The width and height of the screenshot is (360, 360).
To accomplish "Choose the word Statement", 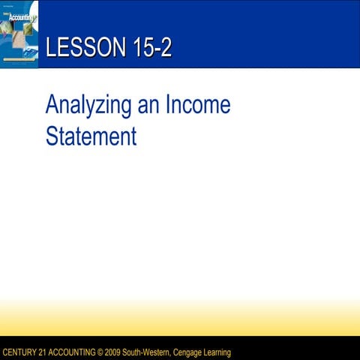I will point(91,137).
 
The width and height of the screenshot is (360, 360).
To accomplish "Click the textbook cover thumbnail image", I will point(19,34).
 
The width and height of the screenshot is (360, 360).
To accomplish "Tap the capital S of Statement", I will point(52,137).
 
